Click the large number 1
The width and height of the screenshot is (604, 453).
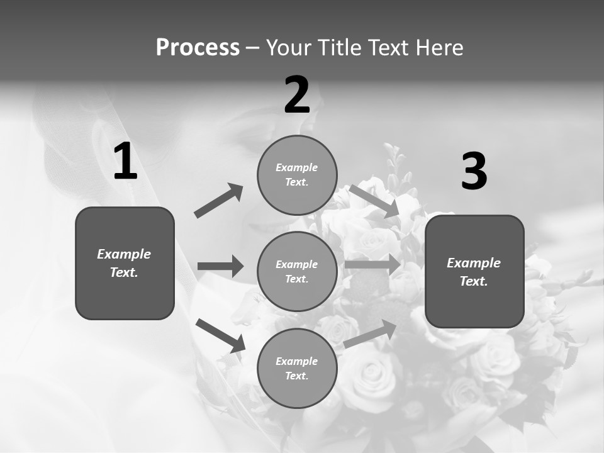[125, 162]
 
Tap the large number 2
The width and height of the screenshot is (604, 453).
[297, 95]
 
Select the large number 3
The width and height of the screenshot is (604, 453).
[474, 172]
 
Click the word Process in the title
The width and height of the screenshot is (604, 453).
[198, 47]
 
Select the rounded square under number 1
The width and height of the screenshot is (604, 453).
[125, 263]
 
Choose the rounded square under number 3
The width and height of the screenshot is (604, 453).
[474, 271]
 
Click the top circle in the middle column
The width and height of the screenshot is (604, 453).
[297, 174]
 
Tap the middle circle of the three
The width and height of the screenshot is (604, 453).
[297, 271]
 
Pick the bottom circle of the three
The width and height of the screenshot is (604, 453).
[297, 368]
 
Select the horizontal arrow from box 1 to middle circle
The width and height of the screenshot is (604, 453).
[220, 266]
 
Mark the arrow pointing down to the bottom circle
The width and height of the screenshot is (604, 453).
[220, 335]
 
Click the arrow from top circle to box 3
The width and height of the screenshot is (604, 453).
[374, 201]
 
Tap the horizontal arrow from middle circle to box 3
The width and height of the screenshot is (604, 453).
[372, 264]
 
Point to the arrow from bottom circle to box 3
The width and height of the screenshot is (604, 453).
[371, 334]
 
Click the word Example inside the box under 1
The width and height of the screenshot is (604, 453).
[124, 254]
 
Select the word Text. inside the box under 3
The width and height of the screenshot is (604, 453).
[474, 281]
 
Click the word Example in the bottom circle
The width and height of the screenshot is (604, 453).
[297, 361]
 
